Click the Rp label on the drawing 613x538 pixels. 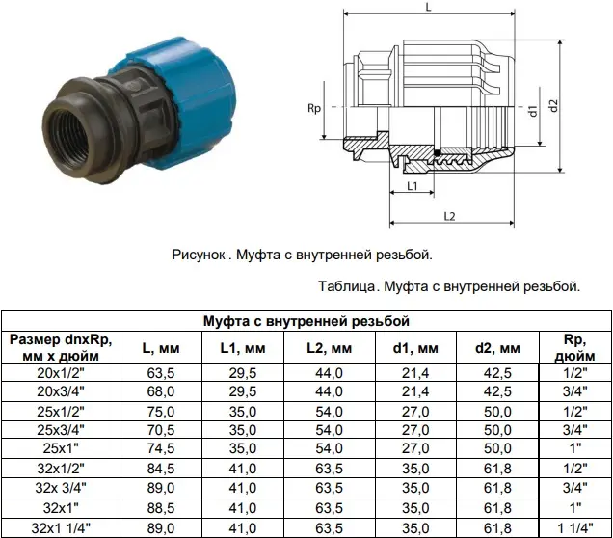314,108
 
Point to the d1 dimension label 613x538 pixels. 533,111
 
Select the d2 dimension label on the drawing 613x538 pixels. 554,105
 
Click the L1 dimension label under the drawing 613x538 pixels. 413,186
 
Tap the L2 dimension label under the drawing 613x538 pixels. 449,216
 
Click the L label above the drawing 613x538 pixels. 429,7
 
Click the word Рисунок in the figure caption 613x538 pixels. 199,255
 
